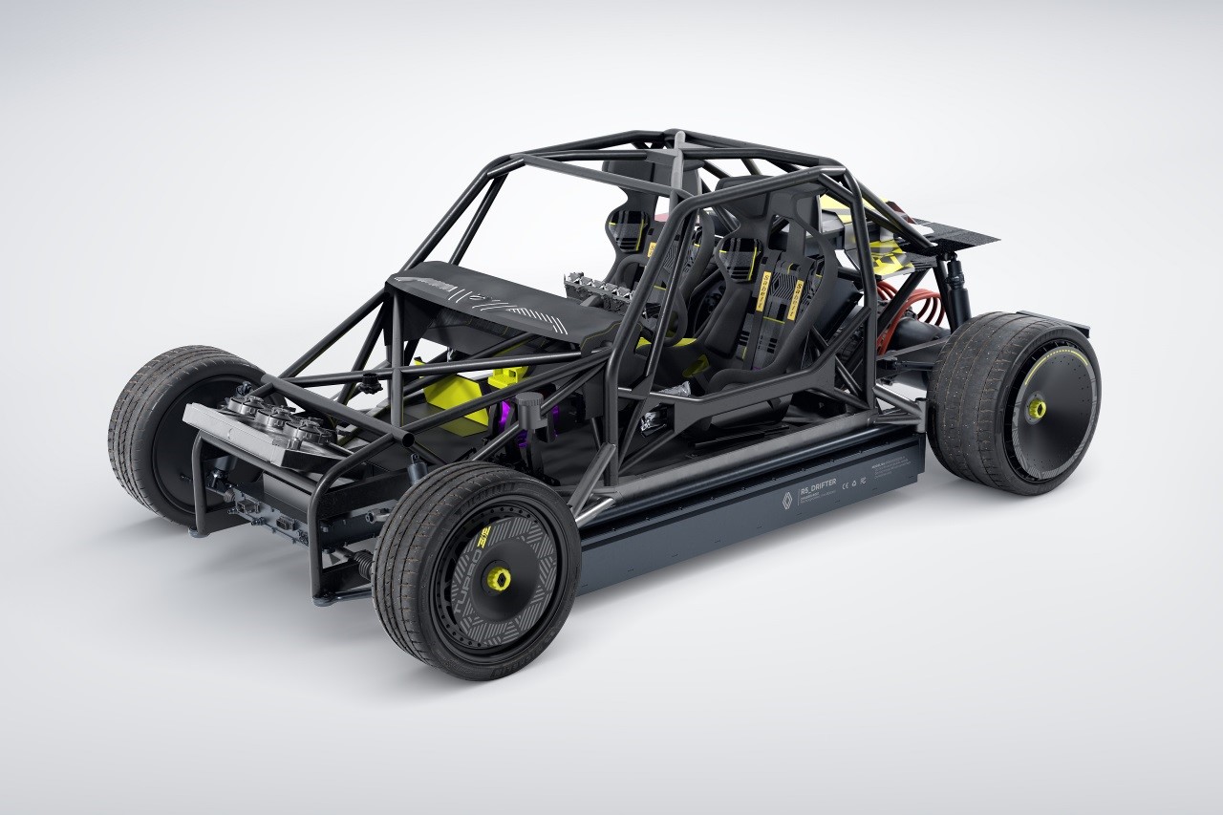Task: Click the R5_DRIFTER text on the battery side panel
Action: [x=814, y=484]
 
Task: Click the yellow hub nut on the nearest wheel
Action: [x=498, y=580]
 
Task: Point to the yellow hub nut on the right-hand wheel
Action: [x=1037, y=410]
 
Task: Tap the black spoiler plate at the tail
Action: [x=955, y=229]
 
